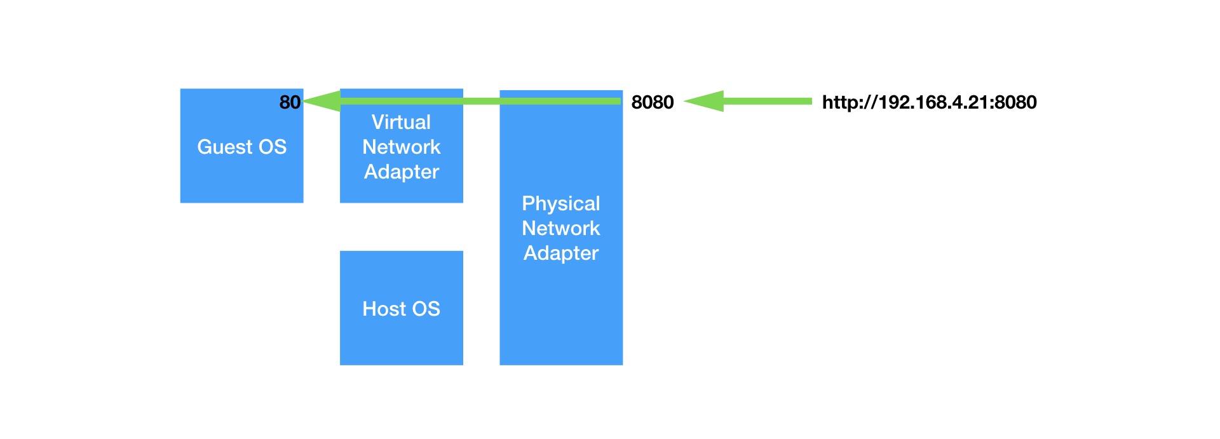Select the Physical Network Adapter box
pos(560,305)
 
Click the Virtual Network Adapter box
pos(401,191)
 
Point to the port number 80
pos(290,102)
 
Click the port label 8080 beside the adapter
pos(652,102)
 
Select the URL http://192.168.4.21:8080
pos(929,102)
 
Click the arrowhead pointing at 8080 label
pos(704,101)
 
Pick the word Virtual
pos(401,122)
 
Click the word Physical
pos(560,203)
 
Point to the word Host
pos(382,309)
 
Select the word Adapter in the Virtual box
pos(401,172)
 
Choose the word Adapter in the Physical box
pos(560,253)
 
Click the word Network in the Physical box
pos(560,228)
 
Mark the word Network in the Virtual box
pos(401,147)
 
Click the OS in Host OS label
pos(425,309)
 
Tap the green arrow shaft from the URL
pos(768,101)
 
